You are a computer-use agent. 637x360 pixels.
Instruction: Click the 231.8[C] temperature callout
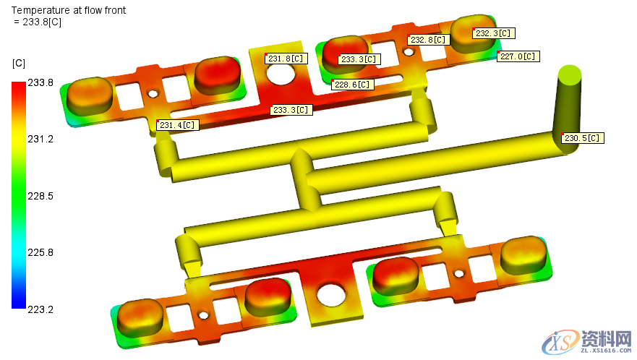pos(286,59)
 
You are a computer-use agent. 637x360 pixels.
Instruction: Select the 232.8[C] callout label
pos(429,40)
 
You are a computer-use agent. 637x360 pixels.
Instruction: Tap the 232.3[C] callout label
pos(494,33)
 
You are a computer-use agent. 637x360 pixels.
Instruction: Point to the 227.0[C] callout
pos(518,56)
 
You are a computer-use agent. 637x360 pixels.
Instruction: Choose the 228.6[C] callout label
pos(353,85)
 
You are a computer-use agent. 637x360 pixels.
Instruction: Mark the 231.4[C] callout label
pos(178,125)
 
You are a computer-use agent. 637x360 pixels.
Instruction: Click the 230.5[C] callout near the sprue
pos(583,138)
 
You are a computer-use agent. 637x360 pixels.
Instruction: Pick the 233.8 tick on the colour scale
pos(40,83)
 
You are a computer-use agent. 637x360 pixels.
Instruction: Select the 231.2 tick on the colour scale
pos(40,140)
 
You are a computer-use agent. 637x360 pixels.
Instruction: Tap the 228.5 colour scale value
pos(40,196)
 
